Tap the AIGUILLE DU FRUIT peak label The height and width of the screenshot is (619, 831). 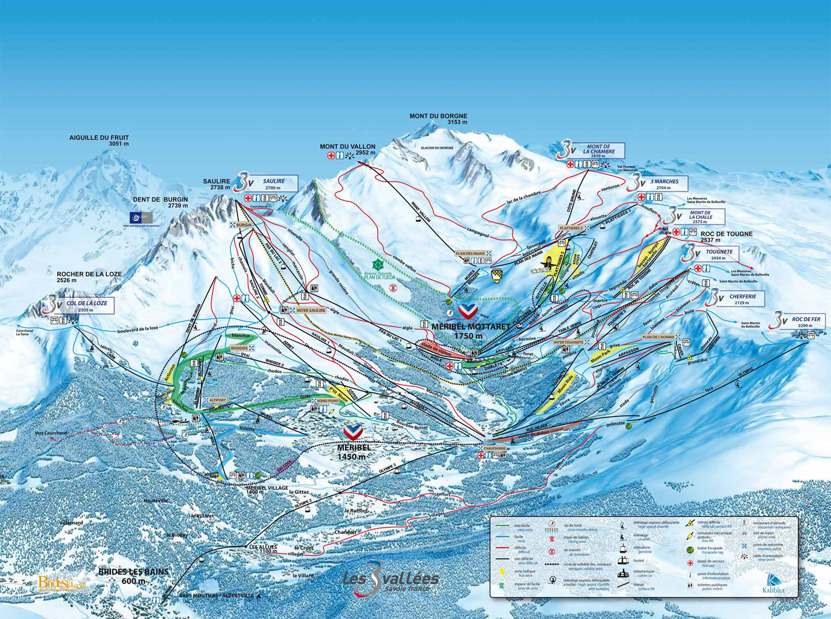99,140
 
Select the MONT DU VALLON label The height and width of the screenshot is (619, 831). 347,149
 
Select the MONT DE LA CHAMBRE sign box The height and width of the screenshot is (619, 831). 598,151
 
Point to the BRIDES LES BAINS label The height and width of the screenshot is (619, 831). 134,576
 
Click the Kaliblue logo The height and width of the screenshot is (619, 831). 773,584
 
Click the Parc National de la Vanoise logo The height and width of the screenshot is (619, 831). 141,218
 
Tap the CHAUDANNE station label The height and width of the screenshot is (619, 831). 494,448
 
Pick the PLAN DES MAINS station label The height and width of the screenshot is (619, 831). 470,254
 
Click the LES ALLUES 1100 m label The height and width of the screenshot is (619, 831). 263,548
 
